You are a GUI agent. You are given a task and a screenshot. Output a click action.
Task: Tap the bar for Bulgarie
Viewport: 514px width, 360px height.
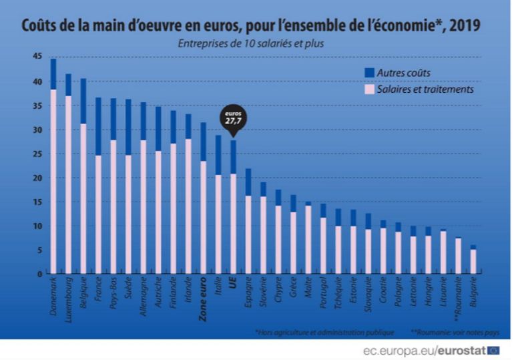pos(473,260)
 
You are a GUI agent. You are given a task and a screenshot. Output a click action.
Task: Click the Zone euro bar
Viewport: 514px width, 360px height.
pos(203,200)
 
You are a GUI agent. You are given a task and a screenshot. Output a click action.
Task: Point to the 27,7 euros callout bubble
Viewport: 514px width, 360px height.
pos(232,120)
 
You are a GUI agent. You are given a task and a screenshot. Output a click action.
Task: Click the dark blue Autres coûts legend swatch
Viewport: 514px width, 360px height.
pos(368,72)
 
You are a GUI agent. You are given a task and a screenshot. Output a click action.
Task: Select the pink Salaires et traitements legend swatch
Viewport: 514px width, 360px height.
pos(368,89)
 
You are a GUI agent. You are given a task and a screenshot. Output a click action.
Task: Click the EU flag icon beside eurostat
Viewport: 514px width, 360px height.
pos(494,349)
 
